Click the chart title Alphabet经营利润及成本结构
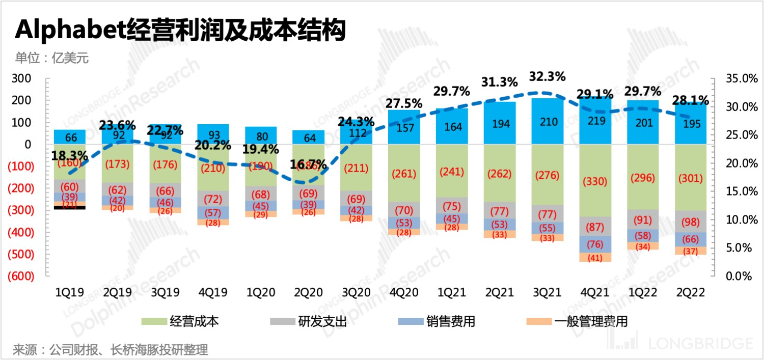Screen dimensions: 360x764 pyautogui.click(x=180, y=31)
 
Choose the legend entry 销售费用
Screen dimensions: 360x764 pyautogui.click(x=437, y=321)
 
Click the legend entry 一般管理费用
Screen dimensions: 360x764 pyautogui.click(x=579, y=321)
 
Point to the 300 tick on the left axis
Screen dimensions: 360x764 pyautogui.click(x=24, y=78)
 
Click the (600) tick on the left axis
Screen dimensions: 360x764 pyautogui.click(x=20, y=275)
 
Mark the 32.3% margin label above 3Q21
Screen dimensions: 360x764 pyautogui.click(x=548, y=77)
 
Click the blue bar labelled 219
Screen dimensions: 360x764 pyautogui.click(x=595, y=122)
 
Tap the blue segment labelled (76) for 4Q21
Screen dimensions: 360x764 pyautogui.click(x=595, y=244)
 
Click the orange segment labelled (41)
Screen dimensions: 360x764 pyautogui.click(x=595, y=258)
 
